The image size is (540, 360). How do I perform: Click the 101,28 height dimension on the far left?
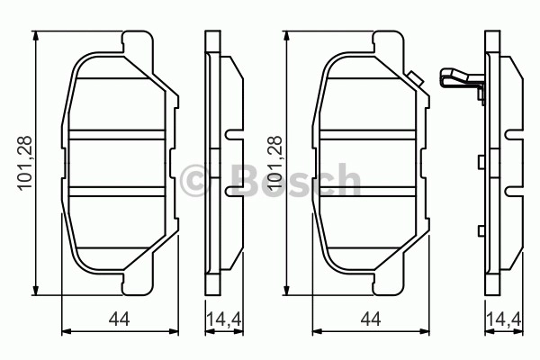coord(25,163)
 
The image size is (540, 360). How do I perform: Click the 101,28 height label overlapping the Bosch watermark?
coord(275,163)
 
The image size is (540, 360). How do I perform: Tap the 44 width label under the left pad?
coord(119,319)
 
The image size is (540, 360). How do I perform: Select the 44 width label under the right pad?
coord(371,319)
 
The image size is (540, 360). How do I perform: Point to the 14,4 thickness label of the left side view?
coord(224,319)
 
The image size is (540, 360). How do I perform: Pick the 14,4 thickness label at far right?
coord(504,319)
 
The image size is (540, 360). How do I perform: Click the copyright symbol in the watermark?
coord(194,181)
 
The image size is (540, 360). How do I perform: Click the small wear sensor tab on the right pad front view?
coord(414,79)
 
